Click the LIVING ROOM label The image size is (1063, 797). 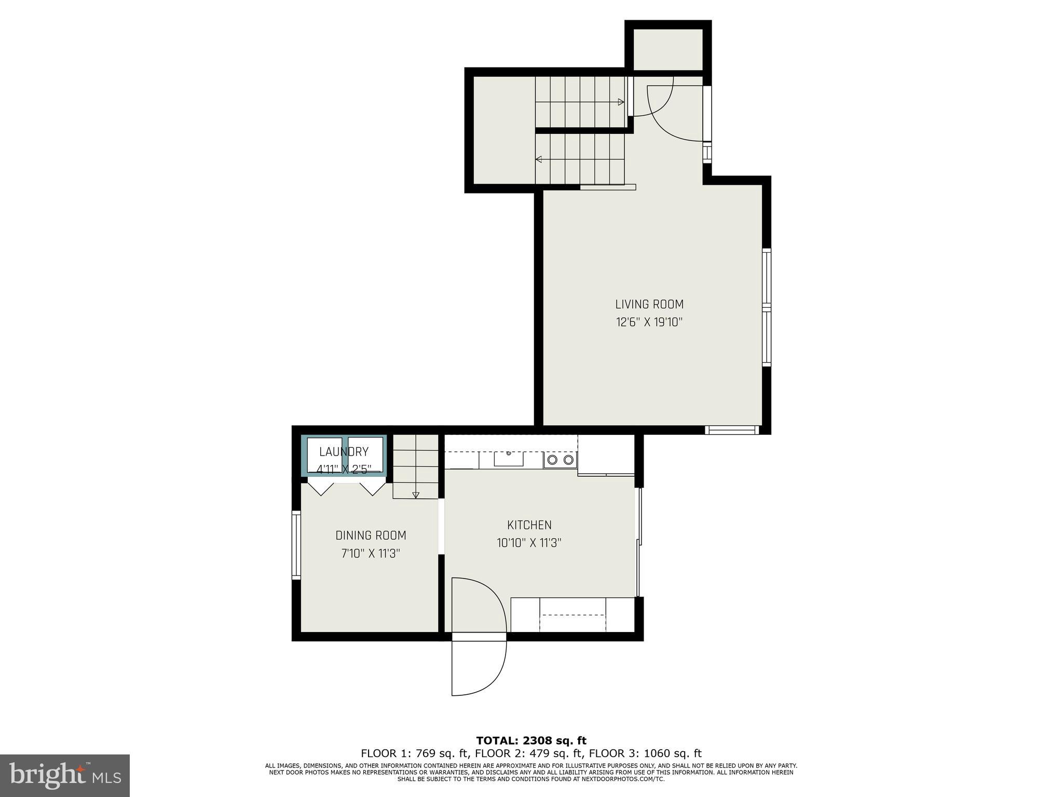click(x=649, y=304)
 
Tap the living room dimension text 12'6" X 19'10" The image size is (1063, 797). click(x=649, y=322)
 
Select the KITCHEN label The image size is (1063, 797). click(x=529, y=525)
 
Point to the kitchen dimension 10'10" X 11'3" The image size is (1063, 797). click(x=529, y=543)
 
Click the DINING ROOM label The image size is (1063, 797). click(x=371, y=535)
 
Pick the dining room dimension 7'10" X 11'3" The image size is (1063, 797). click(x=371, y=553)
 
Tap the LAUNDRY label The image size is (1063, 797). click(x=344, y=451)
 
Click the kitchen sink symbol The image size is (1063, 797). click(x=509, y=459)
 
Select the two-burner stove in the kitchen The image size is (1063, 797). click(x=561, y=460)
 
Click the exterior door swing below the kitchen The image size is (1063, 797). click(x=479, y=667)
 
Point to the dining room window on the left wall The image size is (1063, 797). click(x=296, y=545)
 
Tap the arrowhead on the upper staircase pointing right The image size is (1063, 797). click(x=621, y=102)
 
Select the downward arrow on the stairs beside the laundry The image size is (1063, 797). click(x=416, y=495)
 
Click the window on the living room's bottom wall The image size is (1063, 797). click(x=732, y=430)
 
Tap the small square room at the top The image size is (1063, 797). click(x=668, y=49)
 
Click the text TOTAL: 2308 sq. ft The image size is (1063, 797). click(x=531, y=740)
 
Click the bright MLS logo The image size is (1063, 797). click(x=65, y=776)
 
